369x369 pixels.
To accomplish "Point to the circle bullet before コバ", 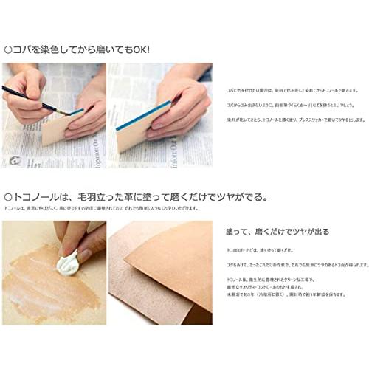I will [x=8, y=50].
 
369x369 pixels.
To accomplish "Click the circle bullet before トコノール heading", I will [x=8, y=197].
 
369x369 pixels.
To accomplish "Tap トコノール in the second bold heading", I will [x=38, y=197].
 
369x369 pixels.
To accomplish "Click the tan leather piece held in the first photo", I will [x=59, y=130].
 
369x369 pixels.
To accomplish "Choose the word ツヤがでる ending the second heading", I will [x=244, y=197].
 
